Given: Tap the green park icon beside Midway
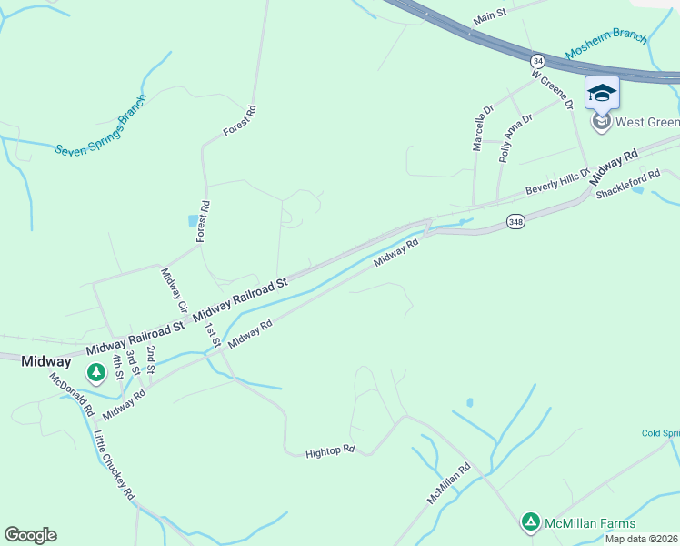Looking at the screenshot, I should click(x=95, y=372).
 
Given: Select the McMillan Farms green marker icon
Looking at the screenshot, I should click(x=530, y=522).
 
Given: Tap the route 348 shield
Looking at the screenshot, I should click(x=515, y=221).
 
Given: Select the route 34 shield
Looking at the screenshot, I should click(x=537, y=58).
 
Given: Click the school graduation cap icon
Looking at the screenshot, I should click(x=602, y=92).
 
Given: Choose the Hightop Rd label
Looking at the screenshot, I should click(x=329, y=450).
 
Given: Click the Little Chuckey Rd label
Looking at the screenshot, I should click(x=114, y=465).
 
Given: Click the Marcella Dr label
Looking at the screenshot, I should click(x=482, y=126).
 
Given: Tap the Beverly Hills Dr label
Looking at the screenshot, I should click(x=558, y=182).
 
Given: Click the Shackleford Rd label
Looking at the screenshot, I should click(x=627, y=186).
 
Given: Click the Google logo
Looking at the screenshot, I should click(x=30, y=534).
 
